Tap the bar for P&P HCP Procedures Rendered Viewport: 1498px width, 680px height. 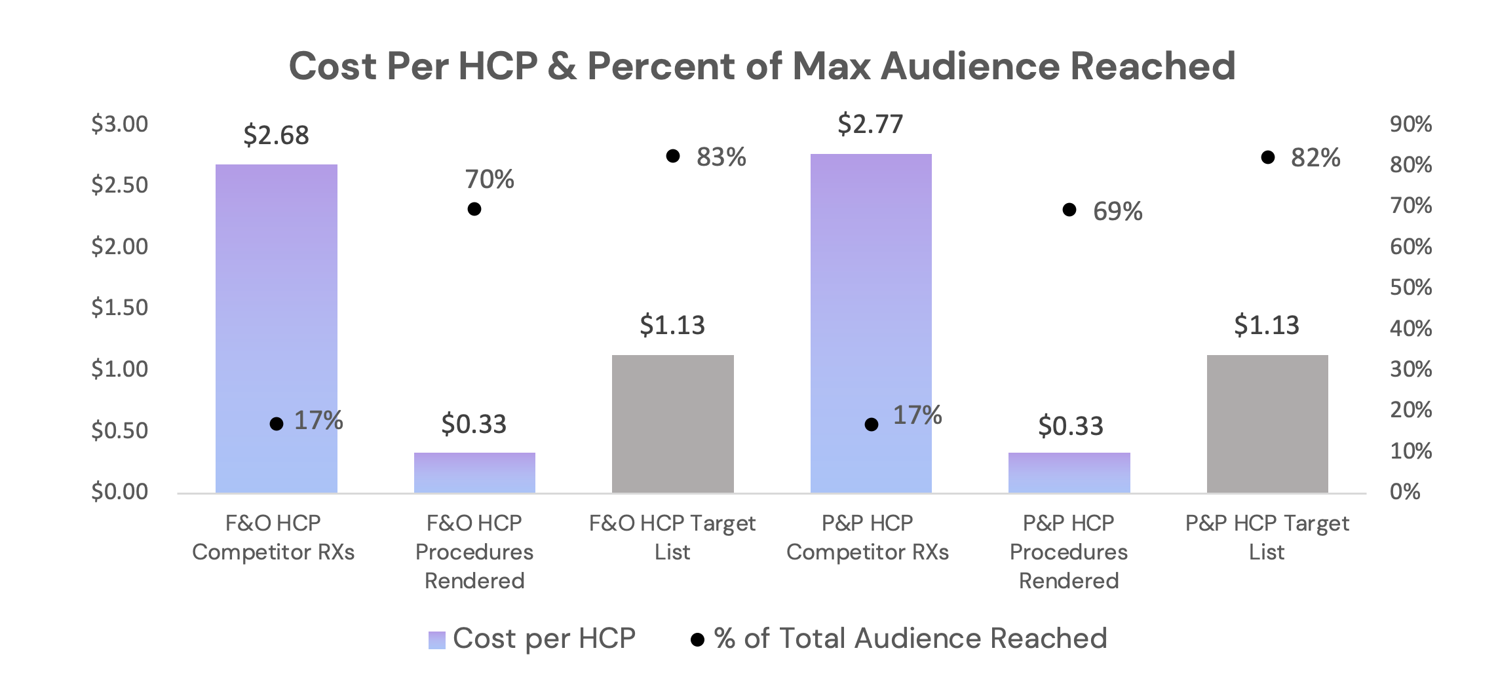pyautogui.click(x=1069, y=472)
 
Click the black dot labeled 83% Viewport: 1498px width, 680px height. pyautogui.click(x=673, y=156)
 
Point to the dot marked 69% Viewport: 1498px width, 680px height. pyautogui.click(x=1069, y=210)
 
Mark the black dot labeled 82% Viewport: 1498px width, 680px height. pyautogui.click(x=1268, y=157)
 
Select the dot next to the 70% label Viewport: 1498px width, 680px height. pyautogui.click(x=474, y=209)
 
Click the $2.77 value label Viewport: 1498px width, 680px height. pyautogui.click(x=870, y=124)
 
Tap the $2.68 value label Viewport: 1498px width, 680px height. pyautogui.click(x=276, y=136)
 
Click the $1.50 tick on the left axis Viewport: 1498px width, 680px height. pyautogui.click(x=119, y=307)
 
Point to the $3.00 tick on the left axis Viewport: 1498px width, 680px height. pyautogui.click(x=119, y=124)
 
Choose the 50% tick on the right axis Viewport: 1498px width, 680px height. pyautogui.click(x=1411, y=287)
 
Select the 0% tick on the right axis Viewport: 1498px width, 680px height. pyautogui.click(x=1405, y=491)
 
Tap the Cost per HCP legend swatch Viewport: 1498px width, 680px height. pyautogui.click(x=437, y=639)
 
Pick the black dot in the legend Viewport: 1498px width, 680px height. pyautogui.click(x=698, y=639)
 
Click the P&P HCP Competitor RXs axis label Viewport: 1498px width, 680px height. pyautogui.click(x=867, y=537)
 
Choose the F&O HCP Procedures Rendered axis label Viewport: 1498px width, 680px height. pyautogui.click(x=474, y=552)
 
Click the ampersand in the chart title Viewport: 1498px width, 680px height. pyautogui.click(x=562, y=66)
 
